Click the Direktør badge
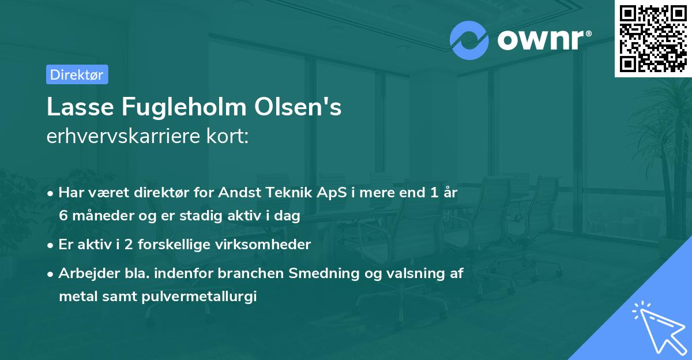tap(77, 74)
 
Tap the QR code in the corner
tap(653, 39)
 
